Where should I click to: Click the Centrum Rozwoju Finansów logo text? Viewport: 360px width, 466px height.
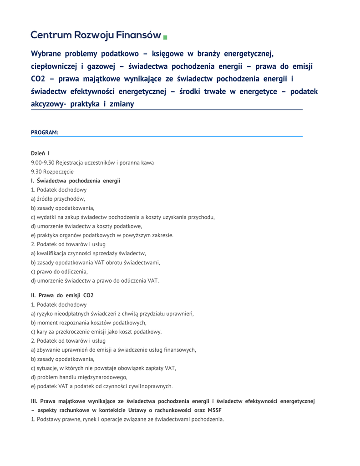coord(96,35)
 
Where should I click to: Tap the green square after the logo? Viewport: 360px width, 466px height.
coord(165,36)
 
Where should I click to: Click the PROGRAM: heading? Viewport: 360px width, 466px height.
coord(45,132)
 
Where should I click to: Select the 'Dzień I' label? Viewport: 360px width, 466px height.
coord(41,153)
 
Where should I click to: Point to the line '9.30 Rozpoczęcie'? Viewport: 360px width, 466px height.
coord(52,172)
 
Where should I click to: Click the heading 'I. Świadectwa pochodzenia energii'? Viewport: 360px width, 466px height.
coord(76,181)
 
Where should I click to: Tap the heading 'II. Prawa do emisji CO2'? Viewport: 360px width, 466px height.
coord(62,295)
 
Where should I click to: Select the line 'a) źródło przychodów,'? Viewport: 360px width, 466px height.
coord(58,199)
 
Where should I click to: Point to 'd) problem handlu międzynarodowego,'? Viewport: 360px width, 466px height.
coord(79,377)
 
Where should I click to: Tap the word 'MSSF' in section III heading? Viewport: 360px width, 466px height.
coord(214,410)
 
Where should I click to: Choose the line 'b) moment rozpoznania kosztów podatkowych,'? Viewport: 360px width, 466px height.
coord(89,323)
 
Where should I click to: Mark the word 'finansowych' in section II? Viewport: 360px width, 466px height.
coord(179,349)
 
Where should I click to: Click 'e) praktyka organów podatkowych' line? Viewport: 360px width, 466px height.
coord(102,235)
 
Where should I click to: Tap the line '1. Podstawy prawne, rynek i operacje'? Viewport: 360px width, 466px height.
coord(127,419)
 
